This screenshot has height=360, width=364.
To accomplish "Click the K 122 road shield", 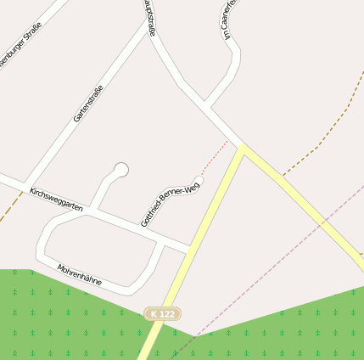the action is pos(162,314).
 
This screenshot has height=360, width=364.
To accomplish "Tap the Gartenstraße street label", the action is pos(88,104).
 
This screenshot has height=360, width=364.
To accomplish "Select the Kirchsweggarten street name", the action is pos(56,200).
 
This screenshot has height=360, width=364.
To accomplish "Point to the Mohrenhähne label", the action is pos(80,279).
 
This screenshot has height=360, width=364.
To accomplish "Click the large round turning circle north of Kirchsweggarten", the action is pos(120,170).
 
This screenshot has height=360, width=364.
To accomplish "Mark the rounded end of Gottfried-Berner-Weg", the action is pos(199,181).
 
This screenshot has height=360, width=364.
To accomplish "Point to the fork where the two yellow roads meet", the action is pos(242,149).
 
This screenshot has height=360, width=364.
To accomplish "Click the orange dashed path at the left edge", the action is pos(10,205).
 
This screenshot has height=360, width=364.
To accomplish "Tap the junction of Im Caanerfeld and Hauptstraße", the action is pos(205,107).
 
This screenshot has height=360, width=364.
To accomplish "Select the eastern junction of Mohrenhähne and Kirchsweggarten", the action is pos(161,239).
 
